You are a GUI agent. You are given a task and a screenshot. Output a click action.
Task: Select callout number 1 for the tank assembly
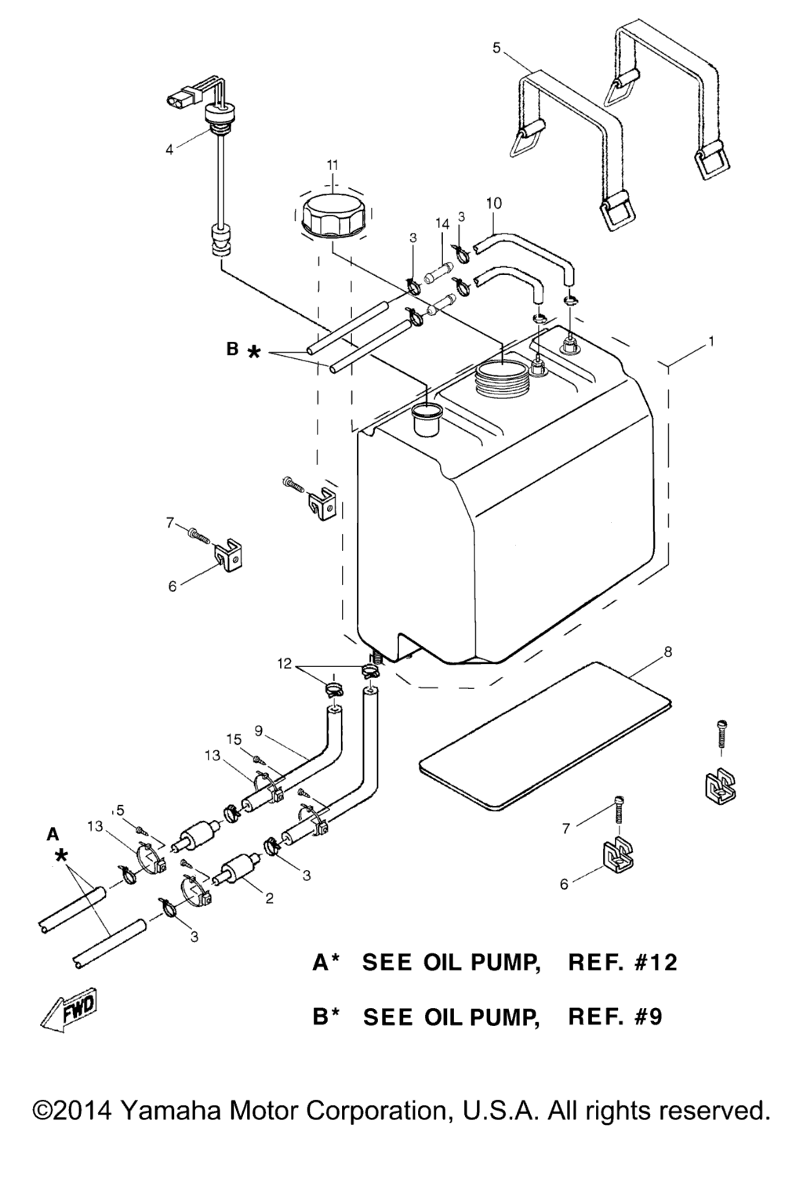coord(710,342)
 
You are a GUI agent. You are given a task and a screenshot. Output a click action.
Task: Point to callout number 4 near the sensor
coord(169,150)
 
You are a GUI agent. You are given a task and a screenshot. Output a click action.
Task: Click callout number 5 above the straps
coord(496,48)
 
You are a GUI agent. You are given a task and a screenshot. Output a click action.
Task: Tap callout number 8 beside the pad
coord(667,651)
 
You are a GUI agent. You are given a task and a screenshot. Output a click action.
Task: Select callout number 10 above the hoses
coord(494,203)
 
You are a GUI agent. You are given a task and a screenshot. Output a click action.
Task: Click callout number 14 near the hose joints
coord(442,223)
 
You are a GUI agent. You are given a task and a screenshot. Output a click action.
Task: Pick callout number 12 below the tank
coord(284,664)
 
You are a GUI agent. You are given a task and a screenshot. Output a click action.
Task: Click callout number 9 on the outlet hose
coord(258,731)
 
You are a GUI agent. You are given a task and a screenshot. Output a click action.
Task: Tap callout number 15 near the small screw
coord(234,739)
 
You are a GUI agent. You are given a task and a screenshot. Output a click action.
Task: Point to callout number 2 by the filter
coord(269,898)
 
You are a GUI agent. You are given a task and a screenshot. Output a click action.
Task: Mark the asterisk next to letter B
coord(254,354)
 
